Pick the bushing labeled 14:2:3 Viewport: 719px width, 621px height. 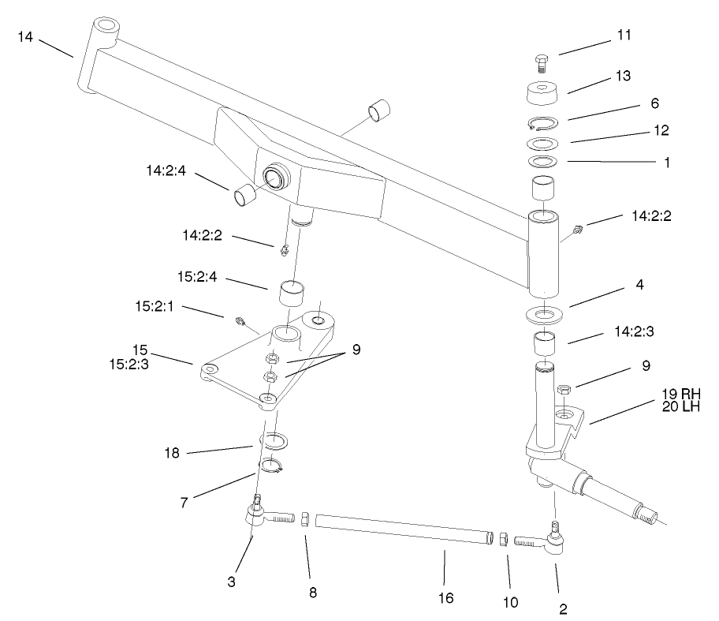[543, 344]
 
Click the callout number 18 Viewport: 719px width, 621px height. [173, 453]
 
